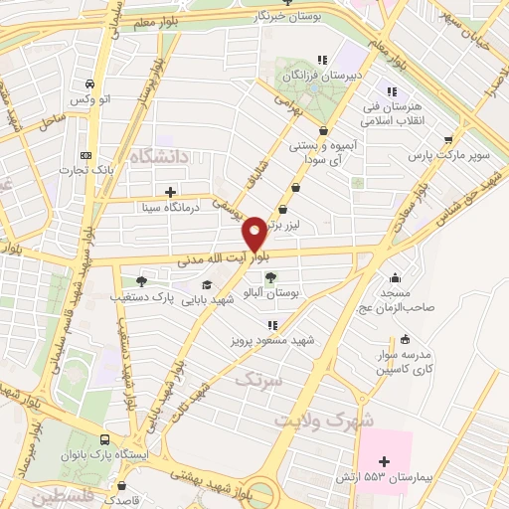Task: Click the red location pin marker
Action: (x=254, y=234)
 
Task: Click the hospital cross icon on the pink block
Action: (x=385, y=461)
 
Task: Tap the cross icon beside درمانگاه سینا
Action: (x=170, y=191)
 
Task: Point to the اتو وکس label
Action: (x=90, y=101)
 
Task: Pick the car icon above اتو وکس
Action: (x=90, y=85)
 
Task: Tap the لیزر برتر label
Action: (x=281, y=226)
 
